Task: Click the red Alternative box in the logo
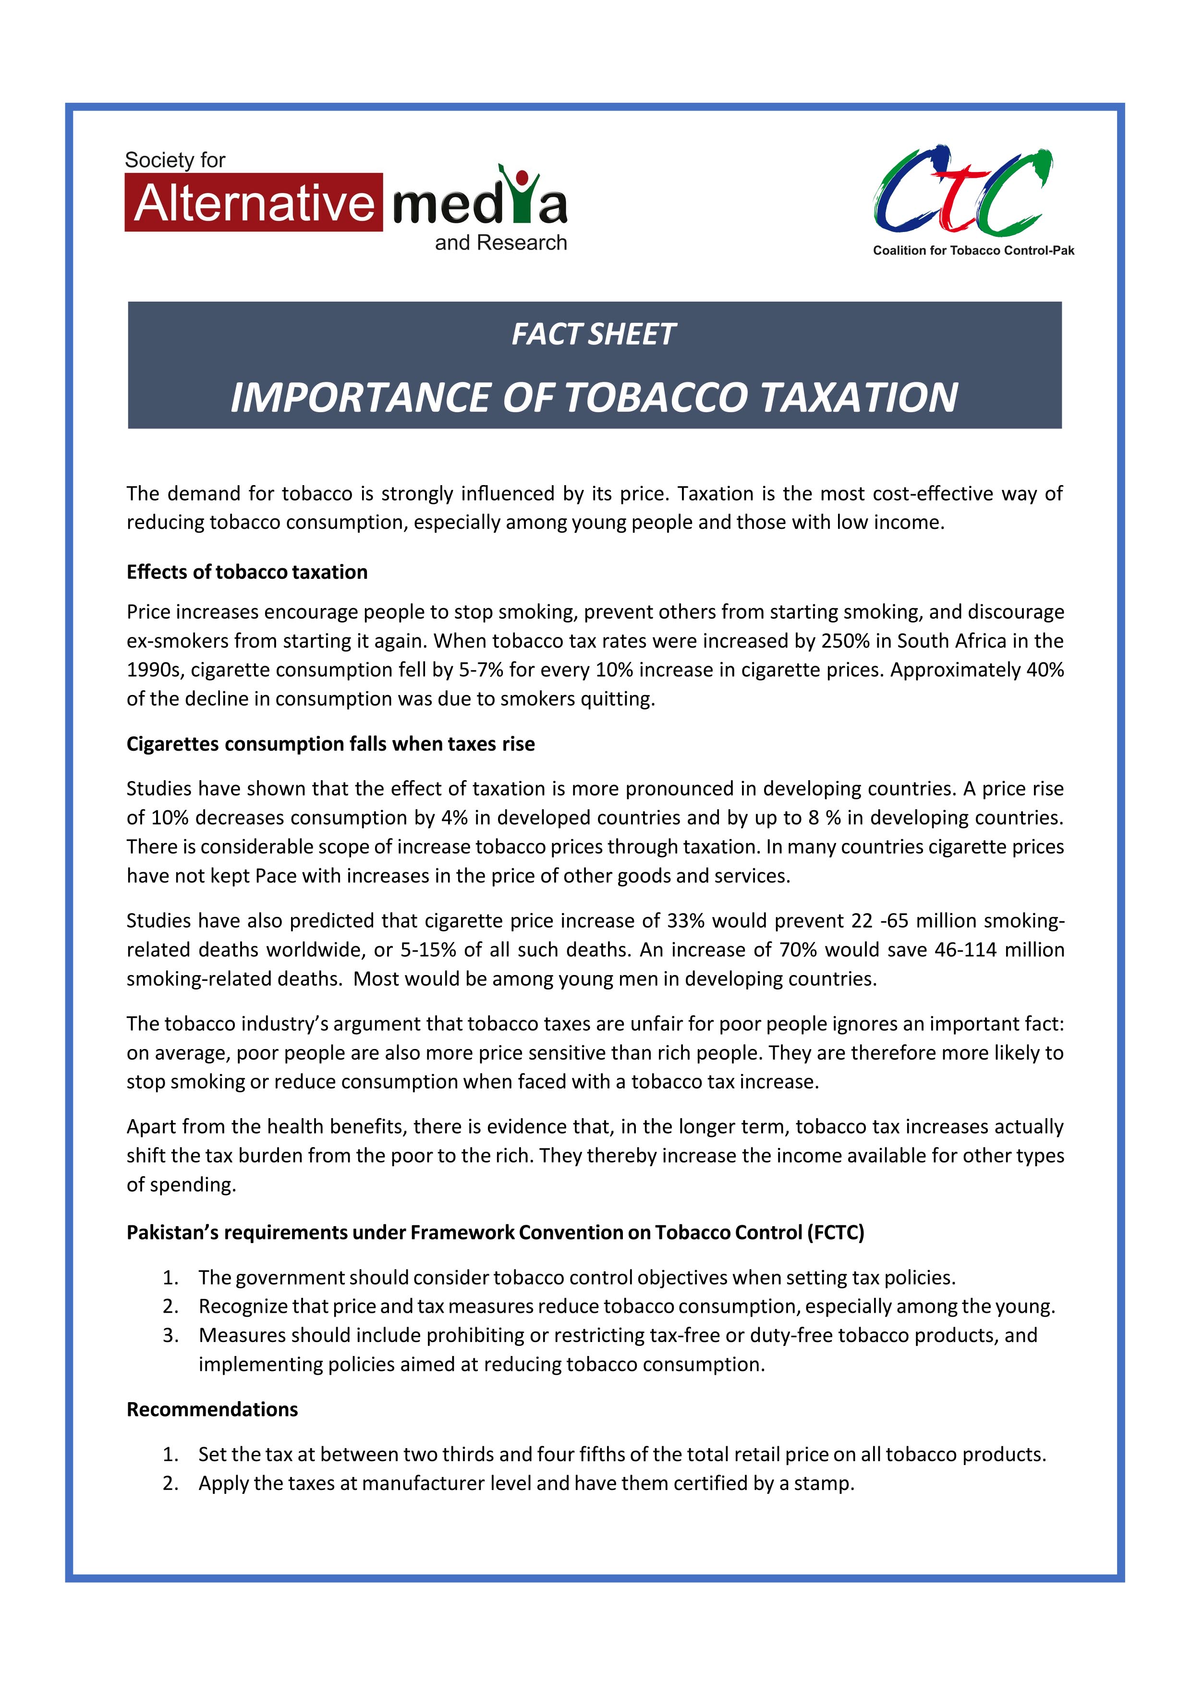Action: (253, 203)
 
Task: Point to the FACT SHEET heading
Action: (593, 335)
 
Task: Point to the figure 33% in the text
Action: (686, 921)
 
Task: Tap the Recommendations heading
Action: (212, 1410)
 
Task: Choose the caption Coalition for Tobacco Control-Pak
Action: (973, 251)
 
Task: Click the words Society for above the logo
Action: (175, 160)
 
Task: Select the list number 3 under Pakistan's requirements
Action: (170, 1336)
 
